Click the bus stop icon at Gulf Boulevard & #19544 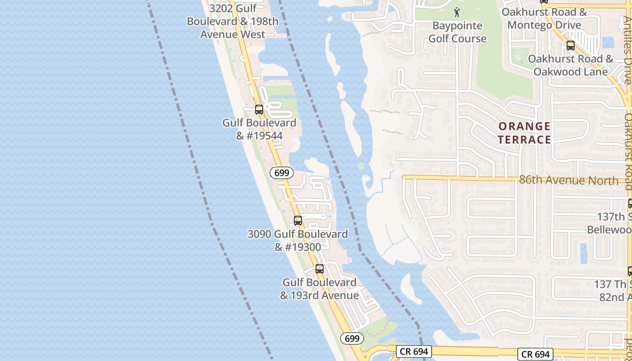click(259, 109)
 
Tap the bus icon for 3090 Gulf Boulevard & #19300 click(298, 221)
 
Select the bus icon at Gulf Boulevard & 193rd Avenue click(320, 269)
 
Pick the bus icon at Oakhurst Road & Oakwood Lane click(571, 45)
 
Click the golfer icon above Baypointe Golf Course click(457, 13)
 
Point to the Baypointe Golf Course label click(457, 32)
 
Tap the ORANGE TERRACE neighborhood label click(525, 133)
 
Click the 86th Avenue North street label click(568, 180)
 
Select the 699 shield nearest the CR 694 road click(352, 338)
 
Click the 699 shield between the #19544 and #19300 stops click(282, 173)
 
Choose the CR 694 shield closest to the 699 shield click(414, 352)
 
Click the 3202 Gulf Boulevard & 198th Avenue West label click(232, 21)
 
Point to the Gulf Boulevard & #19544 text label click(260, 129)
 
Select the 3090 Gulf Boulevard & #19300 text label click(298, 241)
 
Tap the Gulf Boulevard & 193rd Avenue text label click(320, 289)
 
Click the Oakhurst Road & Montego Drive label click(544, 19)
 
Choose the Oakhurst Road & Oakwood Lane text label click(571, 65)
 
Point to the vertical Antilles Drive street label click(627, 50)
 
